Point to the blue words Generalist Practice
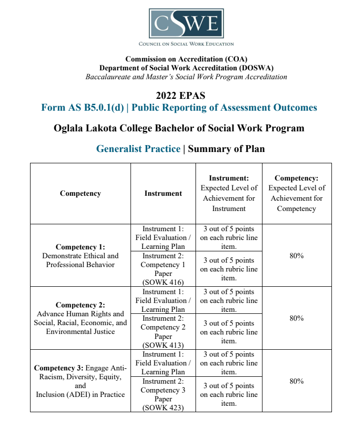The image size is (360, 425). [138, 149]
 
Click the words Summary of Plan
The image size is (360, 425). [226, 149]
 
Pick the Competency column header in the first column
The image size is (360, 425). [80, 193]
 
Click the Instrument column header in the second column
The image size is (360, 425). [163, 193]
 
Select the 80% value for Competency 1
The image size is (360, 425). [296, 255]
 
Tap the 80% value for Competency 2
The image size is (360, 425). [296, 318]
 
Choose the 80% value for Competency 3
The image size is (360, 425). [296, 381]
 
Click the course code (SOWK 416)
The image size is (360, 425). [163, 282]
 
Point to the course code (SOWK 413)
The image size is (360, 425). [163, 345]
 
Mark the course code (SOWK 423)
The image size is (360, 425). [163, 408]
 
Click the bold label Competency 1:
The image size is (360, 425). [80, 247]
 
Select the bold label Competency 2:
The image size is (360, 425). [80, 305]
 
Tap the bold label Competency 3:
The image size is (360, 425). [59, 368]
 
